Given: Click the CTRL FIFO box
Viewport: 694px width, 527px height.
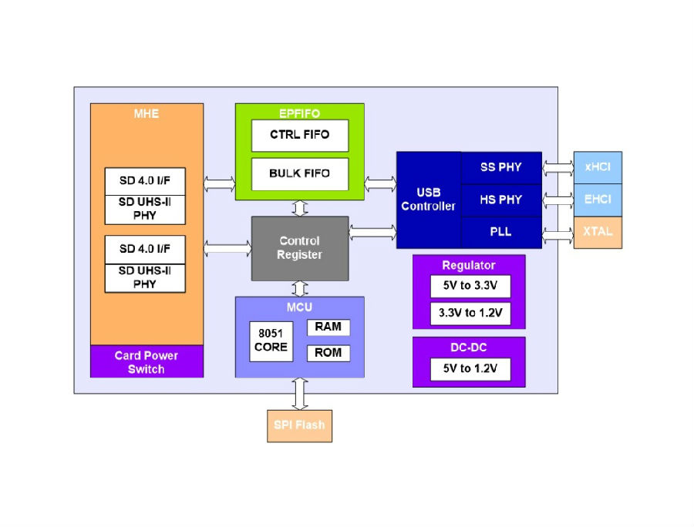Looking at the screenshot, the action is point(300,136).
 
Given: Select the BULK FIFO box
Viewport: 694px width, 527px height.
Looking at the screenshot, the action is point(300,174).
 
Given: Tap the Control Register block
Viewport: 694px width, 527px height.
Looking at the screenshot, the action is point(300,248).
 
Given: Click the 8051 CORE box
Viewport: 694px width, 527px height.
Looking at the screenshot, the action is point(271,341).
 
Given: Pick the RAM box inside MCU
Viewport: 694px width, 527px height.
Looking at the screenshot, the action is point(328,327).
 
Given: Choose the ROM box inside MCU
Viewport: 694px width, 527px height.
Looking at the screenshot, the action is point(328,353).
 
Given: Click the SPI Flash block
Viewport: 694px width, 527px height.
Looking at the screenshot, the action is point(299,426).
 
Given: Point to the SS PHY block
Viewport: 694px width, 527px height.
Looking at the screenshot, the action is point(501,167).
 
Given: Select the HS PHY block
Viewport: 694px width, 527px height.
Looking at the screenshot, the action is point(501,200).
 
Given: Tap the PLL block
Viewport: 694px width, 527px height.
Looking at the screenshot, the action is point(501,232).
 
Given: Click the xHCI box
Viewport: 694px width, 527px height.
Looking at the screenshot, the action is point(598,167).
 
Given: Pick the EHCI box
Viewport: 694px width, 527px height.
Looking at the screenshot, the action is point(598,200).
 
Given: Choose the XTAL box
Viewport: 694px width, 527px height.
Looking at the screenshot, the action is point(598,232).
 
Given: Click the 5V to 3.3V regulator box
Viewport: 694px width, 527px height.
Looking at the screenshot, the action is point(470,286).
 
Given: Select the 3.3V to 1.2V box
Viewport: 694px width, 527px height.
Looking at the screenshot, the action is point(470,314).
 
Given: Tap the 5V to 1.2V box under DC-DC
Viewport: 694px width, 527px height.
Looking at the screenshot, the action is point(470,369).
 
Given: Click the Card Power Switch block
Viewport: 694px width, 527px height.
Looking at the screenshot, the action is point(147,361).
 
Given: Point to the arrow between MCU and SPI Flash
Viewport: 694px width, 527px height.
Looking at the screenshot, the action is point(300,394).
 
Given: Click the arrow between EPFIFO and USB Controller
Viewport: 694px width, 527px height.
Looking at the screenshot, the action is point(380,183).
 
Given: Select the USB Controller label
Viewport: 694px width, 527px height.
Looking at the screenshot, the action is point(428,200).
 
